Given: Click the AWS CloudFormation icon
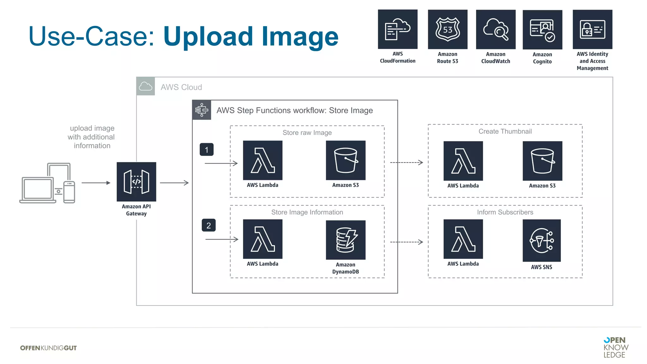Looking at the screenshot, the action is point(397,29).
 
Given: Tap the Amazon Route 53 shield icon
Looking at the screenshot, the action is point(447,29).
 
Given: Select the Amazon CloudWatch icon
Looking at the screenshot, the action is point(495,29).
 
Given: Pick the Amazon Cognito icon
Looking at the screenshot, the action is point(542,30).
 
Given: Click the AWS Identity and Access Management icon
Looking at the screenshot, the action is point(592,29).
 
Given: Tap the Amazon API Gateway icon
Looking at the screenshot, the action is point(136,182).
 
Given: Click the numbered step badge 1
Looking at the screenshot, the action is point(207,149).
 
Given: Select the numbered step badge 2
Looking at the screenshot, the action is point(209,225).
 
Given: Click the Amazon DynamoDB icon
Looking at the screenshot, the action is point(346,240).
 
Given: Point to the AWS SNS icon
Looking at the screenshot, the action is point(541,240).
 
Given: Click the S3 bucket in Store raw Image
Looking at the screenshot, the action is point(346,160).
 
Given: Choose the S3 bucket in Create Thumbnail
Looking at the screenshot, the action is point(542,161).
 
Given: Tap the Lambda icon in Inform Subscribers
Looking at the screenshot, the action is point(463,239).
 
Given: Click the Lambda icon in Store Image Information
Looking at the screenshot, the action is point(263,239).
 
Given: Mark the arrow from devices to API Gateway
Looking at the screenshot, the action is point(96,183).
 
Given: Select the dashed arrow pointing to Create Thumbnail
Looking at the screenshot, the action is point(406,162).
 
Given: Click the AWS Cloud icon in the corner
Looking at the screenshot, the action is point(146,86).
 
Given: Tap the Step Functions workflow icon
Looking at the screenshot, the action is point(202,110).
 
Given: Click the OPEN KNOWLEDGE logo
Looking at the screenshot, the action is point(615,347).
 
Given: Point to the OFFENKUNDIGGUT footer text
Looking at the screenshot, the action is point(48,348).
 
